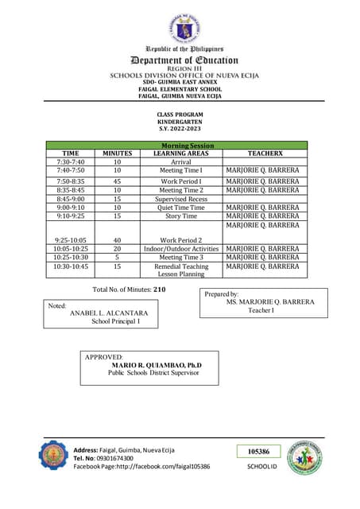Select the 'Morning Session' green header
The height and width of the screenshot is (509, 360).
click(180, 146)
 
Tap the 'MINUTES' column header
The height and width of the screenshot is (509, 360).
click(117, 153)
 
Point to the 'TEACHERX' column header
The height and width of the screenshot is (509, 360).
click(262, 153)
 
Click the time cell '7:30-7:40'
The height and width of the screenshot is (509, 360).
click(71, 162)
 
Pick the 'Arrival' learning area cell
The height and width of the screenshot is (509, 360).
click(180, 162)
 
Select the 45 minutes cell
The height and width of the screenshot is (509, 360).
click(117, 181)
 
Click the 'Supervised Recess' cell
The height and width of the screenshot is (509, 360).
click(180, 199)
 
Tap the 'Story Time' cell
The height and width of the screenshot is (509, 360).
click(180, 216)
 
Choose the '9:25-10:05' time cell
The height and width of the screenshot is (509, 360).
click(71, 239)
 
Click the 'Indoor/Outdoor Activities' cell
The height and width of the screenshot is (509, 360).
click(180, 249)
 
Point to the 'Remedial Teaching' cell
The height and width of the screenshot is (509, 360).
click(180, 266)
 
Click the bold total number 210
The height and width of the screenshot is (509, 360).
click(159, 289)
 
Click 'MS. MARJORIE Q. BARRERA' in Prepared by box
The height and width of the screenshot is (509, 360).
click(270, 302)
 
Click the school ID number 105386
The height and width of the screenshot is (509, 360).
click(258, 452)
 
